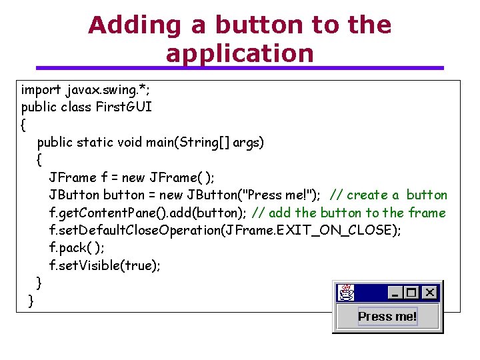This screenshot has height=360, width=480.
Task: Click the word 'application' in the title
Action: pyautogui.click(x=240, y=53)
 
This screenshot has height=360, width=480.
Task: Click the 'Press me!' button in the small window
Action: pyautogui.click(x=387, y=317)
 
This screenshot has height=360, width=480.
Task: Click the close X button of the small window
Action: pyautogui.click(x=430, y=292)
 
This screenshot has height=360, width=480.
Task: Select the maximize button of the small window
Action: pyautogui.click(x=411, y=292)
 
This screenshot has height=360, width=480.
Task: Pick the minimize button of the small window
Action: pyautogui.click(x=395, y=292)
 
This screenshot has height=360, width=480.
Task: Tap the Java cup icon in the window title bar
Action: pyautogui.click(x=345, y=292)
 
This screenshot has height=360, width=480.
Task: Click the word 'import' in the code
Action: pyautogui.click(x=41, y=90)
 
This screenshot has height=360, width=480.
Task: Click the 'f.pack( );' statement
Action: pyautogui.click(x=76, y=248)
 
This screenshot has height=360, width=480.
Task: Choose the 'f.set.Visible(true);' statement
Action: pyautogui.click(x=105, y=265)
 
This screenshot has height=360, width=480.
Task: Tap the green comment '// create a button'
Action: pyautogui.click(x=389, y=195)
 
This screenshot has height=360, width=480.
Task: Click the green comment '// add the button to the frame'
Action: pyautogui.click(x=348, y=213)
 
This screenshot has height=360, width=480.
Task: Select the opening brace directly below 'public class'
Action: pyautogui.click(x=24, y=125)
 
